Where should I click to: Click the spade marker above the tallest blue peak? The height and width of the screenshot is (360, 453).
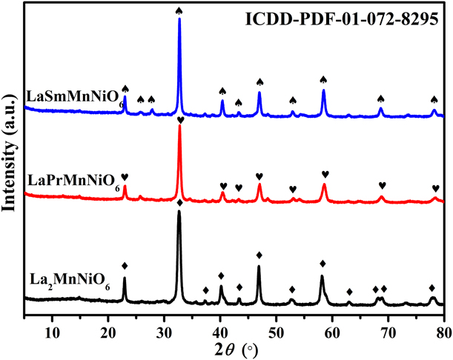click(179, 10)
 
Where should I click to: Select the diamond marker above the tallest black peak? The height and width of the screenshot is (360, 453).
click(179, 202)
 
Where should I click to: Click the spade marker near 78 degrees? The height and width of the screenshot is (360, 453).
click(434, 99)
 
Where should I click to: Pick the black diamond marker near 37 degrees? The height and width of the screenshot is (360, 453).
click(205, 290)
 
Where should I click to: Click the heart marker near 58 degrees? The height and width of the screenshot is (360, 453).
click(325, 174)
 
